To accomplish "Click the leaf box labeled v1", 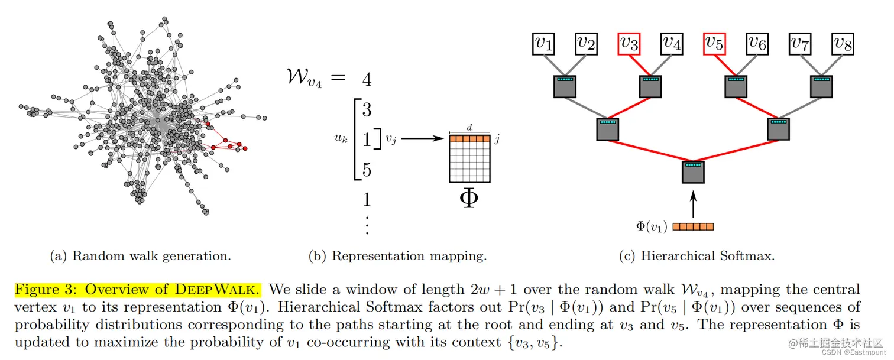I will pos(543,43).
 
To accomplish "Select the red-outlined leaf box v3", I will pos(629,43).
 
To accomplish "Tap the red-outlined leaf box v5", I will pos(715,43).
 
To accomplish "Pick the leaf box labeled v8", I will pos(843,43).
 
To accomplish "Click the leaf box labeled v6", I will pos(757,43).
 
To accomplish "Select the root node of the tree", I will pos(694,171).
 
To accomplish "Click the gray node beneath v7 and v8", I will pos(822,86).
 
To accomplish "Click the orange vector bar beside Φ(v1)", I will pos(693,226).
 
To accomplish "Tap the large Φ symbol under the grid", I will pos(469,199).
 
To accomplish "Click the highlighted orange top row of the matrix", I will pos(469,139).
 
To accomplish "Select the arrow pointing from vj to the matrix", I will pos(422,139).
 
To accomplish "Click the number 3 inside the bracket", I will pos(367,109).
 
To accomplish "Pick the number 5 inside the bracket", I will pos(367,170).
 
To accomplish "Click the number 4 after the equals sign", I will pos(367,80).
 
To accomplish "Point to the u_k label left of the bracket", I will pos(341,140).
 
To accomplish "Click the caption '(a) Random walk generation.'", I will pos(140,256).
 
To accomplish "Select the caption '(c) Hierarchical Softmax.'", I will pos(697,256).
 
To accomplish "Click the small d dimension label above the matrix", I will pos(469,127).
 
